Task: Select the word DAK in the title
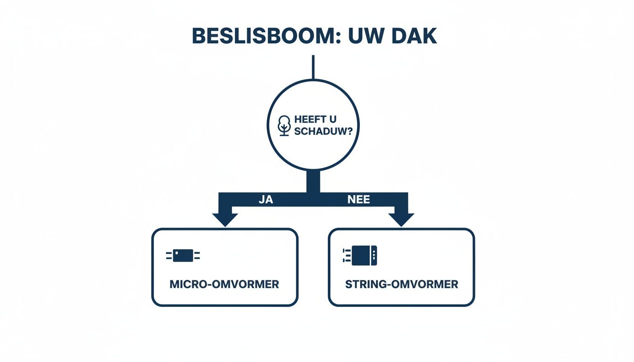click(415, 37)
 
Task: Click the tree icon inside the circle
click(284, 125)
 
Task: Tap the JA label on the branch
click(266, 199)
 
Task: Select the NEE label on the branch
click(359, 199)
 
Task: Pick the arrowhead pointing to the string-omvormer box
click(401, 219)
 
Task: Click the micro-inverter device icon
click(183, 255)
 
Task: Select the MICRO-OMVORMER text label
click(224, 285)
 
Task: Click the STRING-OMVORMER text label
click(401, 285)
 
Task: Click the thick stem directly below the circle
click(313, 181)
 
